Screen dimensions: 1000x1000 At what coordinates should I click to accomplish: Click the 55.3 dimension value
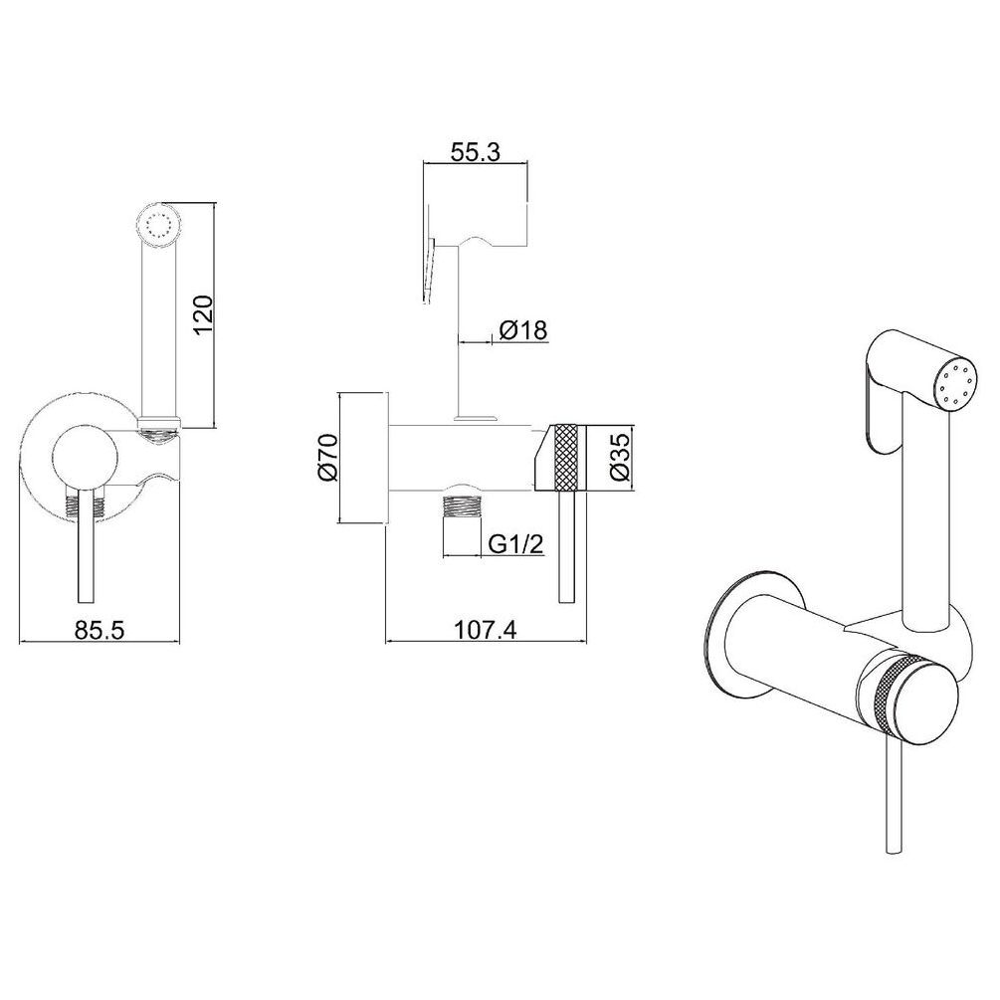(x=476, y=152)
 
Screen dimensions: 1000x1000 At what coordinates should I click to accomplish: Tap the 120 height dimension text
(x=203, y=315)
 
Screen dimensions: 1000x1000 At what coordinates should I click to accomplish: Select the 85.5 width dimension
(x=100, y=630)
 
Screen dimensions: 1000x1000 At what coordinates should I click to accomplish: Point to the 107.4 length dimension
(x=486, y=630)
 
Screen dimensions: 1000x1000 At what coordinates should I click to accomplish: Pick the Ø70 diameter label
(x=326, y=458)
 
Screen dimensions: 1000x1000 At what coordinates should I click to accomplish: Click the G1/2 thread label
(x=515, y=544)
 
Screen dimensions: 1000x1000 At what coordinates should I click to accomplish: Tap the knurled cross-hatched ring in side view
(x=567, y=457)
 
